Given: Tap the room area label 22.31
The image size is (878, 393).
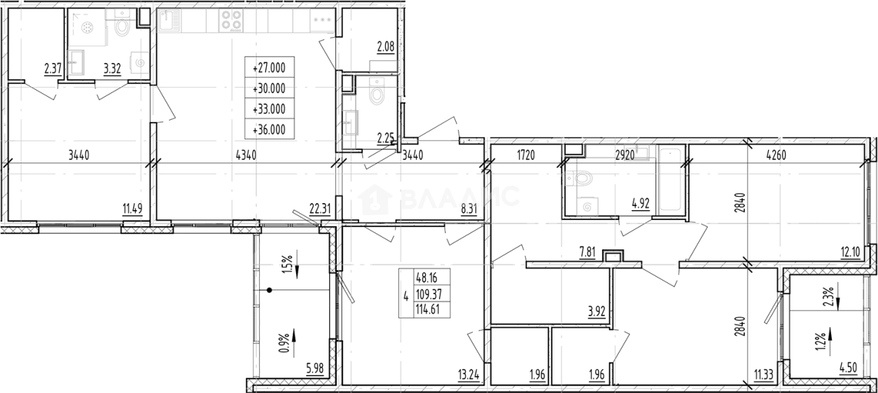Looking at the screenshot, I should click(319, 207).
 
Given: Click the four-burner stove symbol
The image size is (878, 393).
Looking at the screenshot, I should click(232, 20).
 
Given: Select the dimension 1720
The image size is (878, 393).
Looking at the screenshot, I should click(525, 156).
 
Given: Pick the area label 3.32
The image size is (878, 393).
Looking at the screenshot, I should click(111, 69).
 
